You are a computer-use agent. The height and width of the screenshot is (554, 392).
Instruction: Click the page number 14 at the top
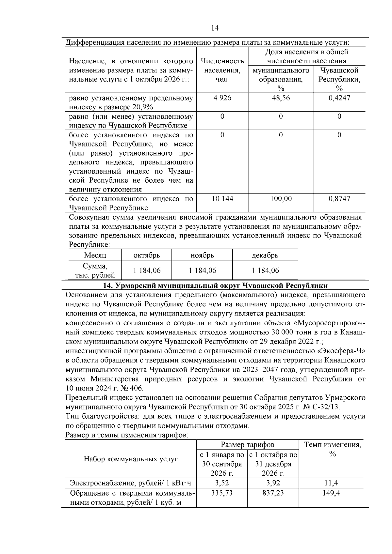click(x=215, y=28)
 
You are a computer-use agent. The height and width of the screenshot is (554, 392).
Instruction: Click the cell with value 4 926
click(x=222, y=98)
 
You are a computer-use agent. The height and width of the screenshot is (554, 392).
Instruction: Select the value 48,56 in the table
click(x=281, y=98)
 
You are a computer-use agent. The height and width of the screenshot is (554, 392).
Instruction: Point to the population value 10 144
click(x=222, y=198)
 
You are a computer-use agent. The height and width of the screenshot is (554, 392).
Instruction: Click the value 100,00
click(x=281, y=198)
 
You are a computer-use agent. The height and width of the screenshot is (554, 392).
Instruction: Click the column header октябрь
click(x=147, y=255)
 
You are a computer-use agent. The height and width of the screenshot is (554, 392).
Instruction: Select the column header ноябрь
click(x=202, y=255)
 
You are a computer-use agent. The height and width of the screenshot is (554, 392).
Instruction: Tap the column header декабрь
click(x=265, y=255)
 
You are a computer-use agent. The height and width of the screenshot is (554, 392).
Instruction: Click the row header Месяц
click(x=95, y=255)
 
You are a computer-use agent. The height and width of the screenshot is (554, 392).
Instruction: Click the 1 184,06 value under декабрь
click(x=265, y=270)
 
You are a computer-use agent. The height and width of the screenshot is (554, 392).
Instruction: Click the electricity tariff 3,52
click(x=222, y=483)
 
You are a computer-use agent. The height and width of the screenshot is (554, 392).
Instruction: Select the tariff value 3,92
click(x=273, y=483)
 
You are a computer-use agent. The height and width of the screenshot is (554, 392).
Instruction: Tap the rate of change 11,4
click(x=331, y=483)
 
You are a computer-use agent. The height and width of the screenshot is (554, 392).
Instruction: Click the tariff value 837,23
click(x=273, y=493)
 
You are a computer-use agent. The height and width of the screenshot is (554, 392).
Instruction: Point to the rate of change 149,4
click(x=331, y=493)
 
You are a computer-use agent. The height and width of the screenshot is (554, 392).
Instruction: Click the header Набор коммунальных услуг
click(x=131, y=459)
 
